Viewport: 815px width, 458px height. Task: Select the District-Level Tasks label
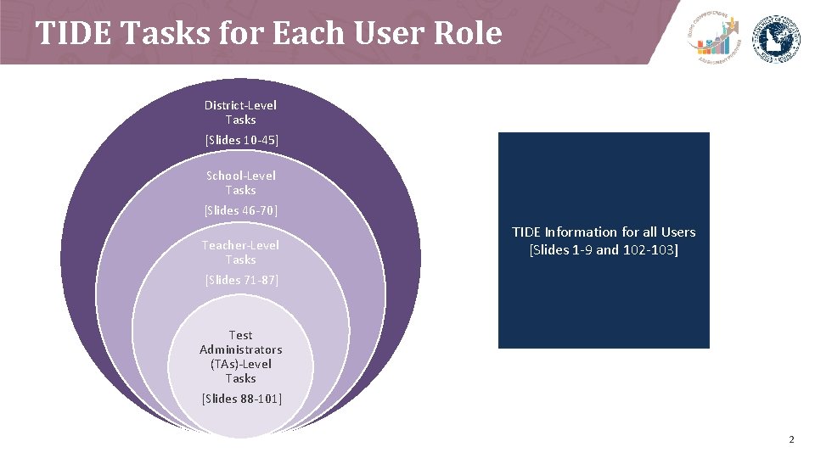[x=240, y=112]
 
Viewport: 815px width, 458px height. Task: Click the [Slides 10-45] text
[x=241, y=140]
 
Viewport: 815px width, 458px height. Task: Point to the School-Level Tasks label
[x=241, y=182]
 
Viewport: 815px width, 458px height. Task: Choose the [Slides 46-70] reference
[x=241, y=210]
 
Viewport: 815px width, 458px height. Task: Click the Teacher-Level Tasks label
[x=240, y=252]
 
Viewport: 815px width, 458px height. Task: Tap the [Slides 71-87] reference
[x=241, y=280]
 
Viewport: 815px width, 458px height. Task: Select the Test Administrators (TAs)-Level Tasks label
[x=241, y=356]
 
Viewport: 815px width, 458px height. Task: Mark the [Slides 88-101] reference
[x=242, y=399]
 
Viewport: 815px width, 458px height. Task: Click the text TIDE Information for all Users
[x=604, y=232]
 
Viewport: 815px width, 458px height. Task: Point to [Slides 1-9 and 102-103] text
[x=604, y=250]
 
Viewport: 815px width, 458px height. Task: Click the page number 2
[x=791, y=439]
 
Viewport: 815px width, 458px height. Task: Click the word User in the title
[x=391, y=33]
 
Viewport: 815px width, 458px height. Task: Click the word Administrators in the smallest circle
[x=241, y=349]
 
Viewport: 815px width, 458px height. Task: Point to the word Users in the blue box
[x=676, y=232]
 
